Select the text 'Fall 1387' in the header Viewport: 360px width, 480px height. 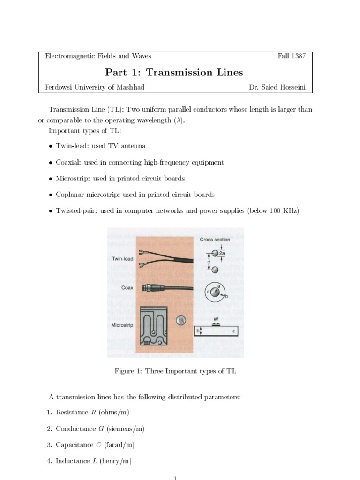point(292,56)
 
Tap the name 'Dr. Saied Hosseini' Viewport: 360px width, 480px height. point(277,87)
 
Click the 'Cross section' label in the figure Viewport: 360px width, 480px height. point(215,240)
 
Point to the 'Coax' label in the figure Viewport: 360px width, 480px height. point(127,288)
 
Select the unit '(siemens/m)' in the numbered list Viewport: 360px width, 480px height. point(126,428)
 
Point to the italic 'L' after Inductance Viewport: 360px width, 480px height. point(94,461)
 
